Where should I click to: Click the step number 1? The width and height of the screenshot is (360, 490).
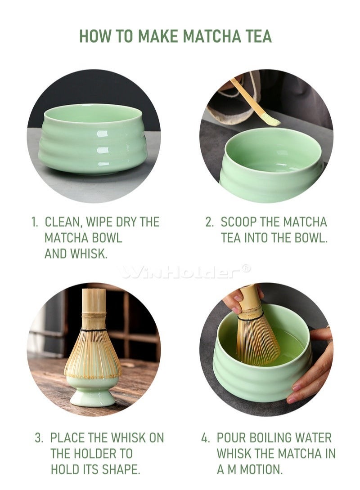(x=34, y=222)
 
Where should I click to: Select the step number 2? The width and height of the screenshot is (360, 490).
(x=209, y=222)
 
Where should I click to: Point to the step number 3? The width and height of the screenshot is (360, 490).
(x=39, y=438)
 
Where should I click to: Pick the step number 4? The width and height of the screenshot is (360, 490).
(x=205, y=438)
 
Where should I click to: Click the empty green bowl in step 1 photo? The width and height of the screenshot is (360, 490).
(x=93, y=138)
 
